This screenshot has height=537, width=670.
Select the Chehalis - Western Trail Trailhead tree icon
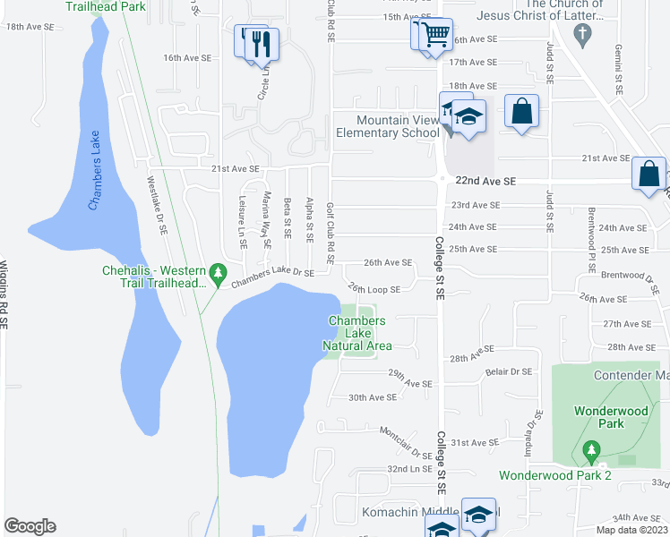217,271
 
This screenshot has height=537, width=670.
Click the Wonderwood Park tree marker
589,448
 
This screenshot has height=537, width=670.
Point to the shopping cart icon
436,37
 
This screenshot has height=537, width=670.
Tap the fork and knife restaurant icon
262,43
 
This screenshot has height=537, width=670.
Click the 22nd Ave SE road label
485,181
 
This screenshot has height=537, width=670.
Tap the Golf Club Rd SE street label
331,233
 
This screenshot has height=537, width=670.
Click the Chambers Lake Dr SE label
272,278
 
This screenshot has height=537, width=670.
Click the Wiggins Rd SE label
4,296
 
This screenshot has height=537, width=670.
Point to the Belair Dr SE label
509,371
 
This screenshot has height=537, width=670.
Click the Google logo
30,526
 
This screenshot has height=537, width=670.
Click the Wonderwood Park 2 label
554,475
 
